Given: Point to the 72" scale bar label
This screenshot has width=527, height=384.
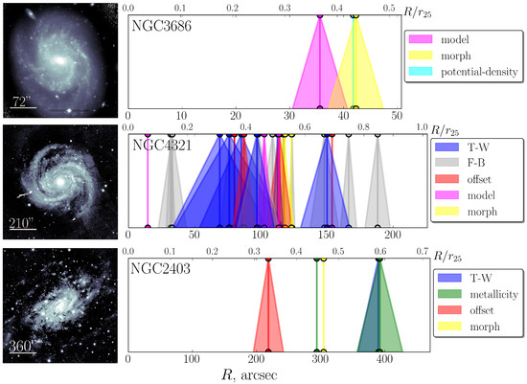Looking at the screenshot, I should tap(21, 100).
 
